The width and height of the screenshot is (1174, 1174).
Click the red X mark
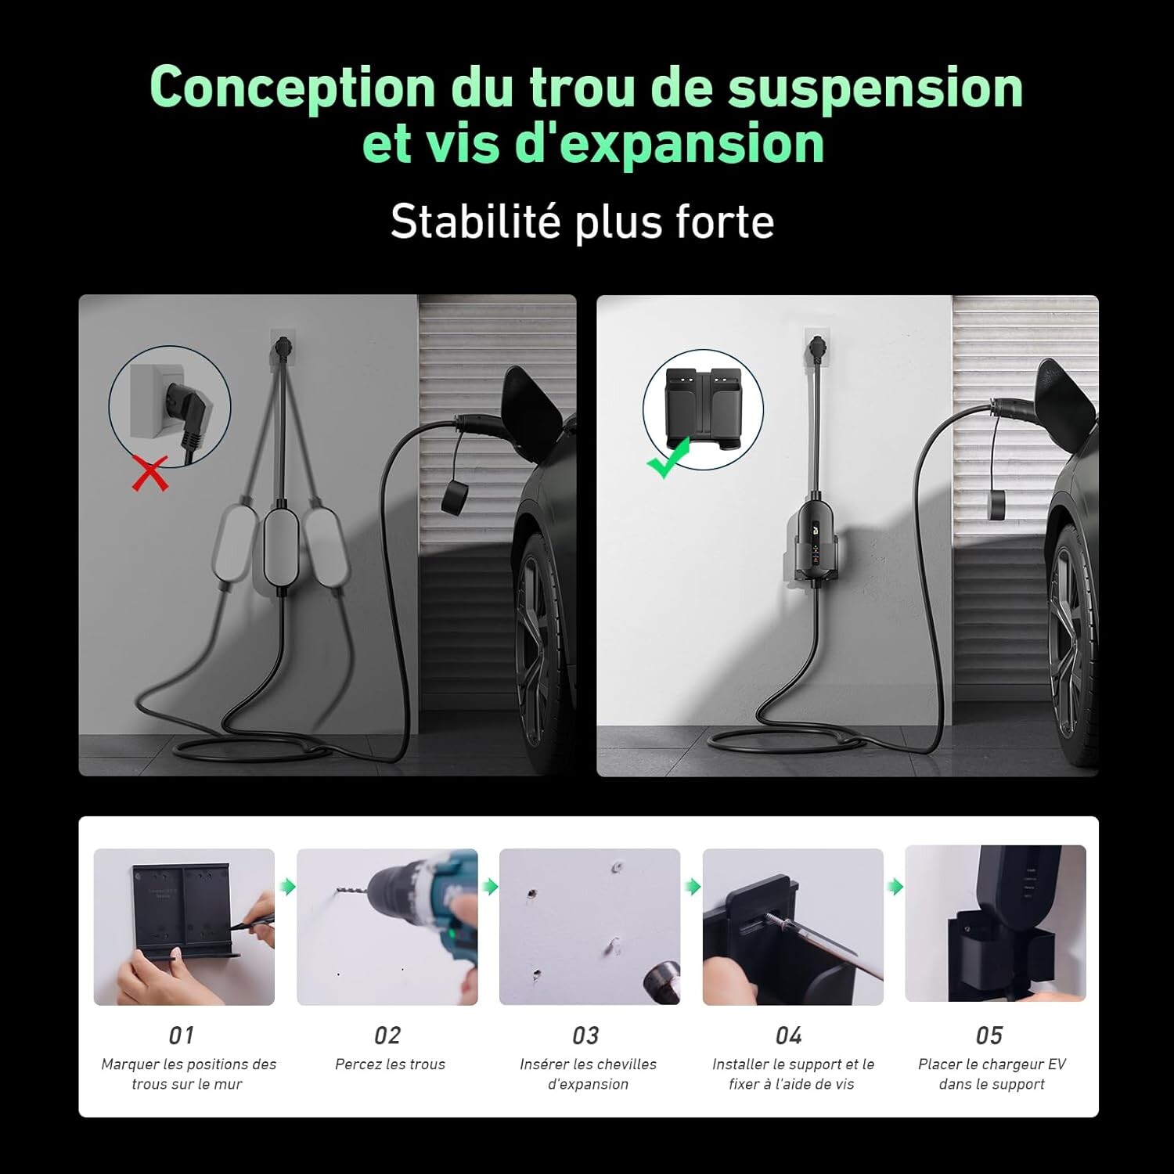click(149, 474)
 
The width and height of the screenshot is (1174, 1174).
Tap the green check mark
click(668, 458)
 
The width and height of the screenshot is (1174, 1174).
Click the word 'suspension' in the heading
click(875, 87)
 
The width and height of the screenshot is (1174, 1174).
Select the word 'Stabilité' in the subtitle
click(475, 221)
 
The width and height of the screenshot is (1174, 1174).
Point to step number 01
click(182, 1035)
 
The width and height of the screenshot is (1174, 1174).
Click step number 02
click(387, 1035)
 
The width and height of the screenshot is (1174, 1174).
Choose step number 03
click(585, 1035)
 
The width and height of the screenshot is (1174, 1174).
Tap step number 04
click(788, 1035)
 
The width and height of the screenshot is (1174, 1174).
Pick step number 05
click(989, 1035)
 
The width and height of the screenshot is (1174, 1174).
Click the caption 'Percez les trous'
click(390, 1064)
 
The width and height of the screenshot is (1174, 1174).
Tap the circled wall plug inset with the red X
click(170, 407)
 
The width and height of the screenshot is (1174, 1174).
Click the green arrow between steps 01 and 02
click(288, 887)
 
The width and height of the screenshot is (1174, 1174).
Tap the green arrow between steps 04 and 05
click(895, 887)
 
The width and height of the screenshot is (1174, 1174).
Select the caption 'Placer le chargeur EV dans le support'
click(992, 1074)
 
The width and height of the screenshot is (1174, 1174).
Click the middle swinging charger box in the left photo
click(280, 548)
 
